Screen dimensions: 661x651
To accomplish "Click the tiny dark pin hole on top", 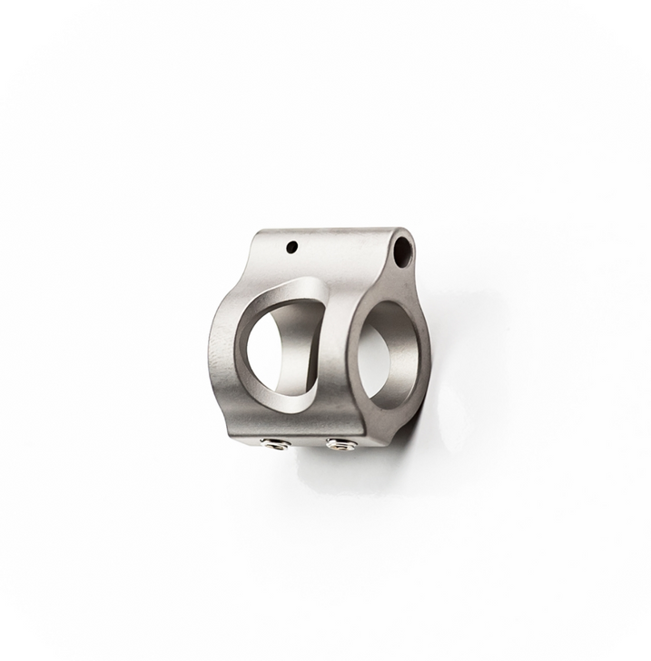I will [x=293, y=245].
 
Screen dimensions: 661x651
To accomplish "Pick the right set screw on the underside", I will [x=340, y=444].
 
